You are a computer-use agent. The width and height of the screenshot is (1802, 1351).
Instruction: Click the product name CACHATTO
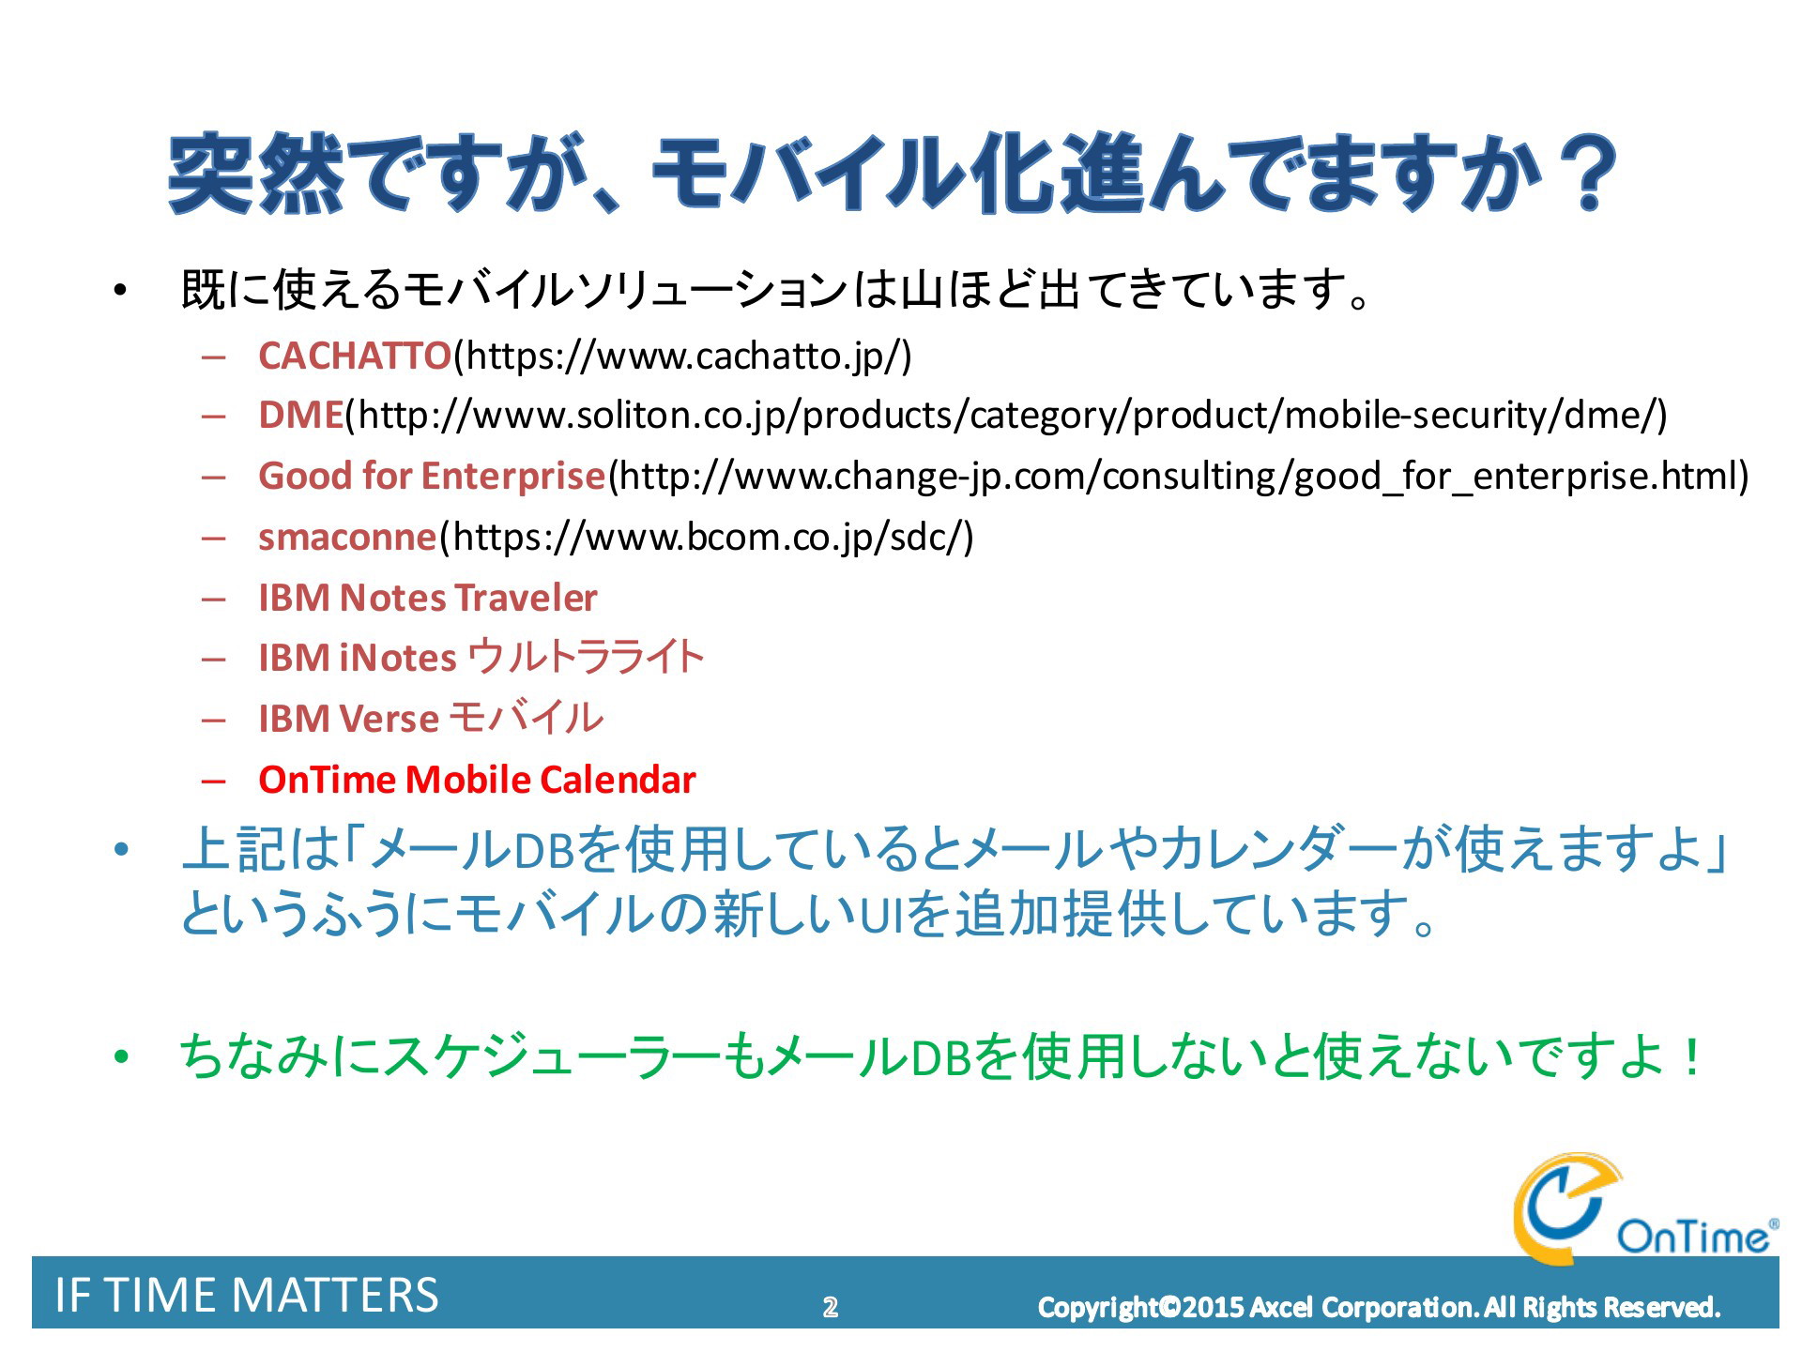click(355, 356)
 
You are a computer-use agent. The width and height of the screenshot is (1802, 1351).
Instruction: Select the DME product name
click(301, 415)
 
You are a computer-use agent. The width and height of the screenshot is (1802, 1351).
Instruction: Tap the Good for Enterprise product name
click(432, 476)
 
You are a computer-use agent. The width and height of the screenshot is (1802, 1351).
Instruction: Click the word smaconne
click(347, 538)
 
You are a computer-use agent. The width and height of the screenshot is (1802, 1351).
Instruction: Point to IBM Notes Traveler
click(428, 598)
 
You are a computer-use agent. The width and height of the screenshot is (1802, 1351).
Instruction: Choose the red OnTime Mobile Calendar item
click(477, 780)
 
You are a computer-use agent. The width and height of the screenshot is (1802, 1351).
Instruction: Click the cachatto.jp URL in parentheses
click(682, 357)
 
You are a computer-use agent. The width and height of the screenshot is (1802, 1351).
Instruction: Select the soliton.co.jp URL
click(1006, 416)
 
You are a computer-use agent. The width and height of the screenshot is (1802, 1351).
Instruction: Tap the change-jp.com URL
click(1178, 477)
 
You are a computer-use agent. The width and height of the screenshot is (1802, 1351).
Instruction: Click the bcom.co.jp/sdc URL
click(706, 538)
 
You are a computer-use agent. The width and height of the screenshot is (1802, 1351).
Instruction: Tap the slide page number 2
click(830, 1307)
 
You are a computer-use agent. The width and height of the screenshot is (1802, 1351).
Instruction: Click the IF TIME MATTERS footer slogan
click(247, 1296)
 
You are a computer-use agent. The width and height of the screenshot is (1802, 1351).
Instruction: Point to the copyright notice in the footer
click(1379, 1307)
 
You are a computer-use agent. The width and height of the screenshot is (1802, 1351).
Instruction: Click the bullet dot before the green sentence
click(119, 1058)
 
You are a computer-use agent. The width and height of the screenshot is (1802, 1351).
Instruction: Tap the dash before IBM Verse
click(214, 720)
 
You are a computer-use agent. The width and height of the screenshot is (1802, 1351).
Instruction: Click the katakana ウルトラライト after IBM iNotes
click(586, 657)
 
